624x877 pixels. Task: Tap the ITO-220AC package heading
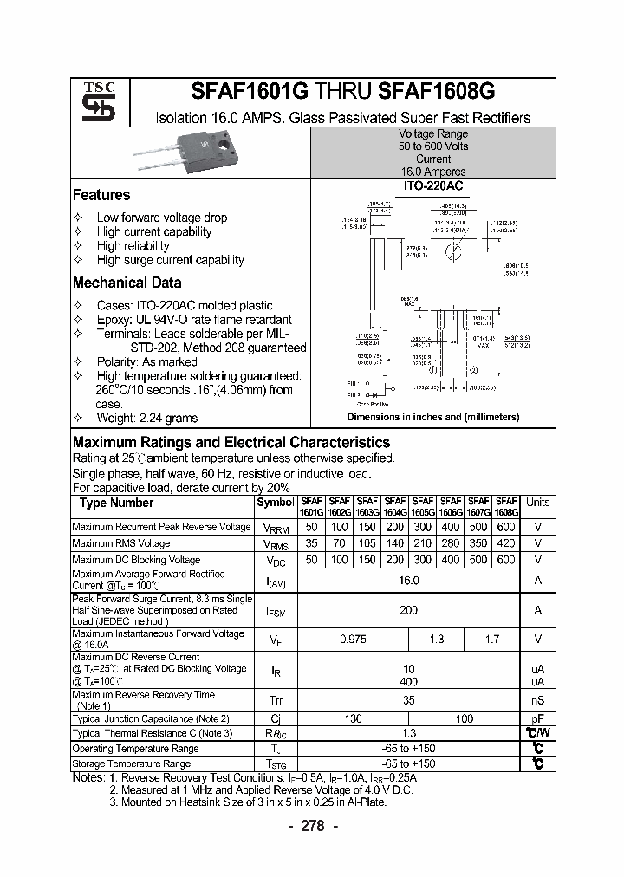432,186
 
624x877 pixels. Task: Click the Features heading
101,195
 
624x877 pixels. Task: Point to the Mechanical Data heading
127,283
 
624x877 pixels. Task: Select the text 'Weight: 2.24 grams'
147,418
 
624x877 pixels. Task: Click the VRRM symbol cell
276,527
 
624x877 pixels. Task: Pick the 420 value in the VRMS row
506,543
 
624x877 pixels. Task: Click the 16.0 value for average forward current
408,581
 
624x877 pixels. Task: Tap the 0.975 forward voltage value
354,639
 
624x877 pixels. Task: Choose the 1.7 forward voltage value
491,639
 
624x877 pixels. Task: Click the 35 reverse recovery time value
408,700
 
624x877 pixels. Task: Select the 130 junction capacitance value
354,719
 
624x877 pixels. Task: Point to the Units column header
537,503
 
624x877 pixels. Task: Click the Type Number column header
116,503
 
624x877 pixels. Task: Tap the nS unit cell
537,700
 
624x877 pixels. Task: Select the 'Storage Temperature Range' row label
131,763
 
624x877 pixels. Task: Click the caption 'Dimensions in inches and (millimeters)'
432,417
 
